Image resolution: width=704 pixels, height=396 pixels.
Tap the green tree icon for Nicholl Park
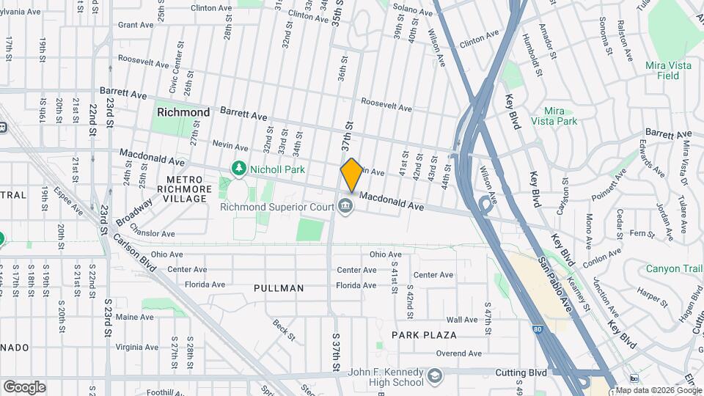238,169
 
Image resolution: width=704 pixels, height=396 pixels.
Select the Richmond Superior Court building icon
344,208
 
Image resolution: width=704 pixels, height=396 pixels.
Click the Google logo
24,387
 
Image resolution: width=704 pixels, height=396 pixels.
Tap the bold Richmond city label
183,112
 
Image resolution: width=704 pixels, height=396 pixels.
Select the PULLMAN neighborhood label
279,288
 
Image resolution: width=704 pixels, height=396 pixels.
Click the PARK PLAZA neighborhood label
424,335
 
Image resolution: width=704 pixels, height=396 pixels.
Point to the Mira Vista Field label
668,70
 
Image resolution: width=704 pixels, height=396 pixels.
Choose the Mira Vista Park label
553,116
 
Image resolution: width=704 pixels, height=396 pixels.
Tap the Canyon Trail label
674,269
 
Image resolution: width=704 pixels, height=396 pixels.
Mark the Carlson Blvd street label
133,253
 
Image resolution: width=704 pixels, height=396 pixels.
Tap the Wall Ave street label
462,320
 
